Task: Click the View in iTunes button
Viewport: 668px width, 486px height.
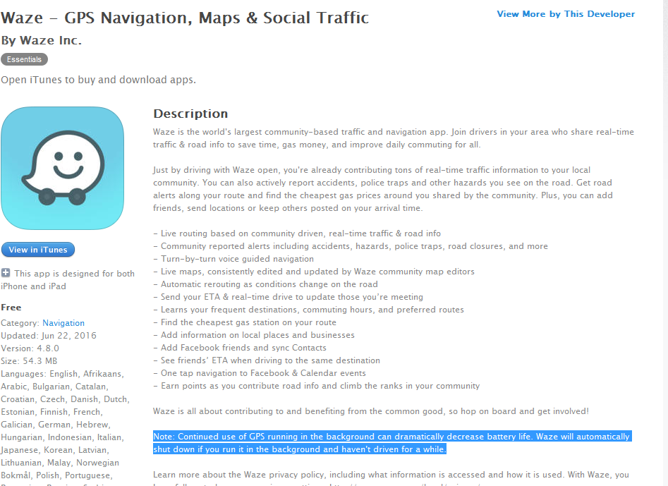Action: pos(38,250)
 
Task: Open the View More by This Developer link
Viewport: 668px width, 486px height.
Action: pos(566,14)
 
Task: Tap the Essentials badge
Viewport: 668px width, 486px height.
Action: pos(24,59)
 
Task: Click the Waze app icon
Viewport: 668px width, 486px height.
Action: pos(63,168)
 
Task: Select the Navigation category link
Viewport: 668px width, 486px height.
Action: pos(63,323)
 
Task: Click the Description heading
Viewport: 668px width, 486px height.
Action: pos(190,114)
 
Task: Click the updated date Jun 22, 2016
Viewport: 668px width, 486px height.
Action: pos(70,336)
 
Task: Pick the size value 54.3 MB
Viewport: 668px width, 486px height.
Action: pos(40,361)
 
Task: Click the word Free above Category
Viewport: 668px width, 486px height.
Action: pos(11,308)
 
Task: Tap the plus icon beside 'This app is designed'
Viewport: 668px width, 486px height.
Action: pos(6,273)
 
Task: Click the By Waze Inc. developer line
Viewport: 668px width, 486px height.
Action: pos(42,40)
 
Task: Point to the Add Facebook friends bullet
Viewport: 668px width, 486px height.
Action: pos(243,348)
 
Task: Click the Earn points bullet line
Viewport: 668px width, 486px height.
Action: pos(320,386)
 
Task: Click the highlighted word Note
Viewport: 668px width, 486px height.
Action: pos(165,437)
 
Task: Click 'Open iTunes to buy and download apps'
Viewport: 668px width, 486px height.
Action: pos(98,80)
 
